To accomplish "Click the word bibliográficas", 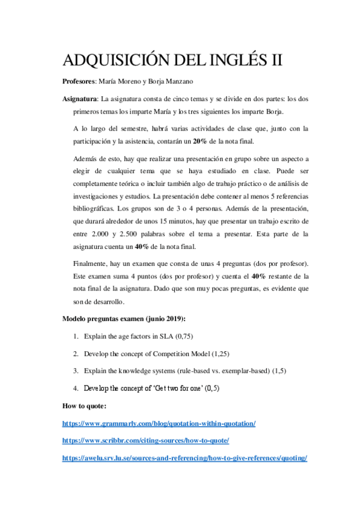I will pyautogui.click(x=91, y=209).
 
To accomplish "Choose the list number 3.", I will pyautogui.click(x=76, y=370).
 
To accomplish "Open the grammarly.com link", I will pyautogui.click(x=159, y=423).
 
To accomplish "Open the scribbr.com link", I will pyautogui.click(x=145, y=441).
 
